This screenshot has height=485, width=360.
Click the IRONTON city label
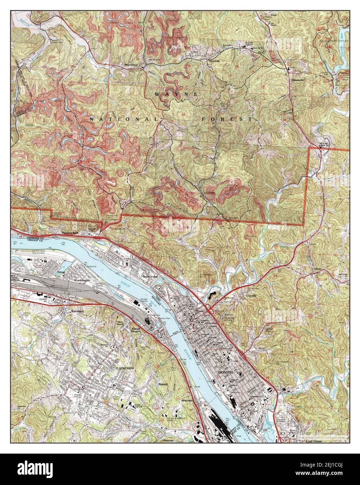[x=225, y=373]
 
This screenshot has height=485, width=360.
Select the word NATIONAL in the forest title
[x=124, y=119]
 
